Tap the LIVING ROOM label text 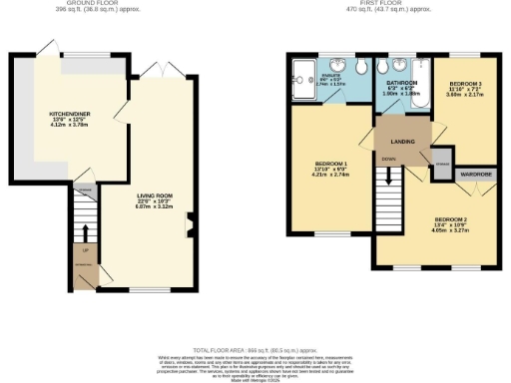pos(155,185)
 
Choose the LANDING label pos(403,143)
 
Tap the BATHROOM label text pos(401,83)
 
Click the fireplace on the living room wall pos(191,234)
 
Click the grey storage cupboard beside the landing pos(438,162)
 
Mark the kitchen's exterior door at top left pos(44,48)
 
